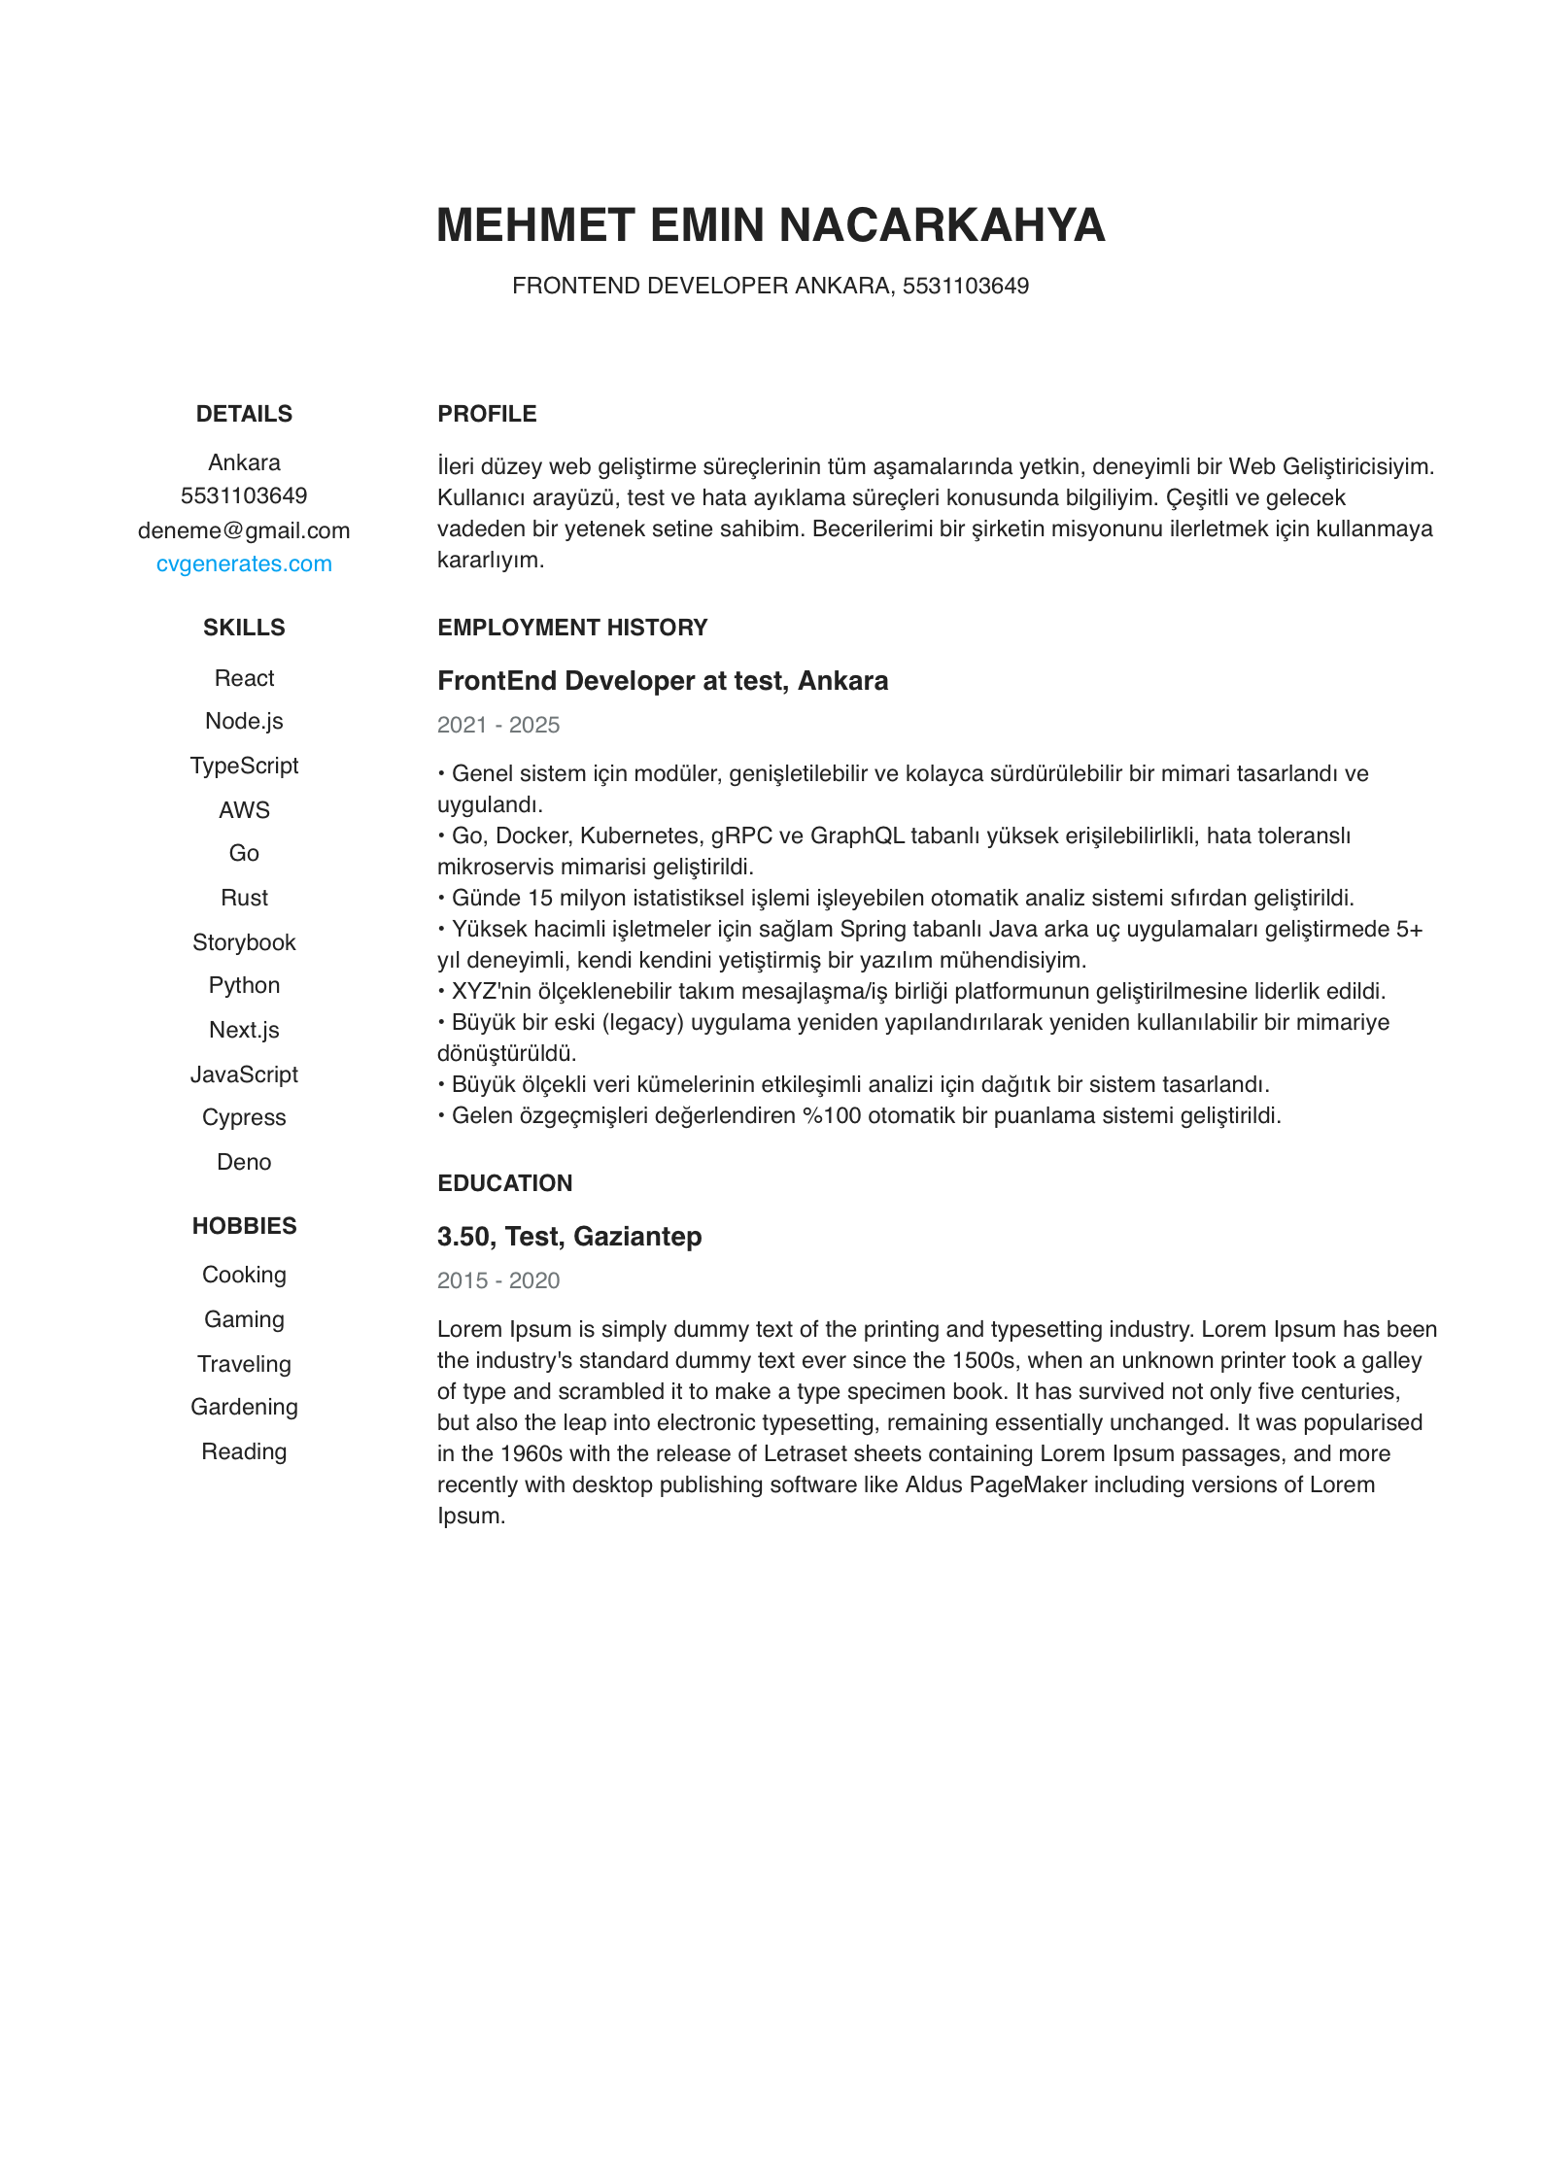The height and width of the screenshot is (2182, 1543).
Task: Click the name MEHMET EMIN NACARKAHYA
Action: click(x=771, y=225)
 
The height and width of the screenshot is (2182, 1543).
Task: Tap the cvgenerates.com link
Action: click(x=244, y=564)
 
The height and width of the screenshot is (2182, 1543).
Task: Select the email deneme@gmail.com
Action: click(x=244, y=530)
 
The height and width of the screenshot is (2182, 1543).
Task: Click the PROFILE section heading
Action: click(x=487, y=414)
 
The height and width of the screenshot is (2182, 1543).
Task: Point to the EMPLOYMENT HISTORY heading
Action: click(x=572, y=628)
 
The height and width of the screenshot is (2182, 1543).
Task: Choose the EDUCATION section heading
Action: click(x=504, y=1183)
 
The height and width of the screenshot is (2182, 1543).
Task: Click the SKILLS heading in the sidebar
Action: click(x=244, y=628)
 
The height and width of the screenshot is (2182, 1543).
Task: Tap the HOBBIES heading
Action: click(x=244, y=1226)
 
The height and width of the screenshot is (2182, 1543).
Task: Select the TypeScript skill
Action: click(x=244, y=766)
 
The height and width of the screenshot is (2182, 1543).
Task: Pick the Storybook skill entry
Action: click(x=244, y=942)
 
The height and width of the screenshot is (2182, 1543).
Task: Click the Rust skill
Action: click(x=244, y=898)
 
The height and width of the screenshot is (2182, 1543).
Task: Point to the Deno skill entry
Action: click(x=244, y=1162)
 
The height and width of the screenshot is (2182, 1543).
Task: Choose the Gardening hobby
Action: click(x=244, y=1407)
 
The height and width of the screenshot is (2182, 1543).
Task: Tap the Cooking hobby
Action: click(x=244, y=1275)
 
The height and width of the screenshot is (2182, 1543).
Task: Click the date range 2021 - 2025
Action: click(x=498, y=725)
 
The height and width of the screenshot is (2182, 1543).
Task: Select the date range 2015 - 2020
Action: click(x=498, y=1280)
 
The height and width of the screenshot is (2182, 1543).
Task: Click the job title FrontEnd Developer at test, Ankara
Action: click(x=663, y=681)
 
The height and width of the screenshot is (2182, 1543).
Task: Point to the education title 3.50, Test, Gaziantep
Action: click(x=569, y=1237)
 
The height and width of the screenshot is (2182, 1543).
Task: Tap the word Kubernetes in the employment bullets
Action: click(x=639, y=835)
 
